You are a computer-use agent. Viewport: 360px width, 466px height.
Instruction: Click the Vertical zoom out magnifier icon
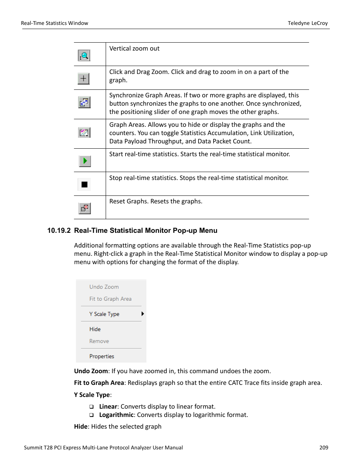click(x=84, y=56)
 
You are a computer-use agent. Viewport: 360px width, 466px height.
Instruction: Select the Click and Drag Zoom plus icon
click(x=83, y=79)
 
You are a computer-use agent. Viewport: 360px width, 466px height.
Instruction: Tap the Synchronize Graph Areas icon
click(x=84, y=102)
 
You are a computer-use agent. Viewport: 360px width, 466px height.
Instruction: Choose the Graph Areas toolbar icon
click(x=84, y=132)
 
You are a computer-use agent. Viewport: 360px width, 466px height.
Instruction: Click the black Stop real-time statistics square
click(x=85, y=185)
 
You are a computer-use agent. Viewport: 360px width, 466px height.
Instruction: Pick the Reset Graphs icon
click(x=85, y=208)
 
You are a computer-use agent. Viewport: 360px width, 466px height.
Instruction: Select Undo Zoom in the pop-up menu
click(x=104, y=287)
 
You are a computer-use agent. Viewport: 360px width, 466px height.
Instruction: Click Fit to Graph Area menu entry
click(x=110, y=299)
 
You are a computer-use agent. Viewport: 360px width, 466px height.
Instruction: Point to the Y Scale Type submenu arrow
click(x=142, y=314)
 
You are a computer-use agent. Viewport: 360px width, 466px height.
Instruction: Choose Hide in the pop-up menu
click(x=95, y=329)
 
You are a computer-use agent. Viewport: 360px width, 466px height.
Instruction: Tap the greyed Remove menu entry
click(x=99, y=341)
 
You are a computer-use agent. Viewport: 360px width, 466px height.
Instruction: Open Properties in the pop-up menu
click(x=102, y=356)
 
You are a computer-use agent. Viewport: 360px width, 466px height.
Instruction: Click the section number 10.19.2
click(x=58, y=231)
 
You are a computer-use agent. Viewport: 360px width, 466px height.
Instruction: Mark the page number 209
click(x=323, y=448)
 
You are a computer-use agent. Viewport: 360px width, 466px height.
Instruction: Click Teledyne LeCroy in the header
click(x=308, y=23)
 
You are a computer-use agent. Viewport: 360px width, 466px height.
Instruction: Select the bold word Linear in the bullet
click(x=108, y=406)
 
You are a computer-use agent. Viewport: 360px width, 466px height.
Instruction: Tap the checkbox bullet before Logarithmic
click(x=91, y=415)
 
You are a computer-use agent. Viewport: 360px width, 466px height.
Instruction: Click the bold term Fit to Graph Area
click(x=99, y=383)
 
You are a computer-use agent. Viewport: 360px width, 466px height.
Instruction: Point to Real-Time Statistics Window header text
click(x=55, y=23)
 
